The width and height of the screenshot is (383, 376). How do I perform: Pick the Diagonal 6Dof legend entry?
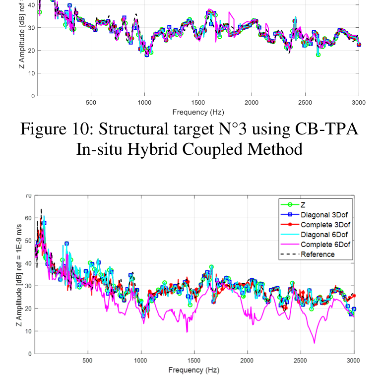(324, 234)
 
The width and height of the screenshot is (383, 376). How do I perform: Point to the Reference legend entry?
(318, 254)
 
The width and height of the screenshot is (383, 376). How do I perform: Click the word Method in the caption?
(278, 148)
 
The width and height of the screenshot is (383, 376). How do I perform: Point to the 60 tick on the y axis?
(28, 218)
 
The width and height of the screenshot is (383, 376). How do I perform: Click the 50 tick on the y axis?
(28, 241)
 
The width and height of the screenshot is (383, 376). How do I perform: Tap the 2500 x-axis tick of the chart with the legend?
(301, 361)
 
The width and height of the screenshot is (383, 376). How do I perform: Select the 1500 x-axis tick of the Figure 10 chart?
(198, 103)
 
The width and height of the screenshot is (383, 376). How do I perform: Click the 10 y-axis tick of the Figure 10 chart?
(32, 73)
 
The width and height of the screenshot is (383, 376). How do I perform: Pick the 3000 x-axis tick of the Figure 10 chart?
(358, 103)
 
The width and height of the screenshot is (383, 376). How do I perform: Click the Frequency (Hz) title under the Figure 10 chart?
(198, 112)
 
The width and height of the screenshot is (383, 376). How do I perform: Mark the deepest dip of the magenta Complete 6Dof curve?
(314, 343)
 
